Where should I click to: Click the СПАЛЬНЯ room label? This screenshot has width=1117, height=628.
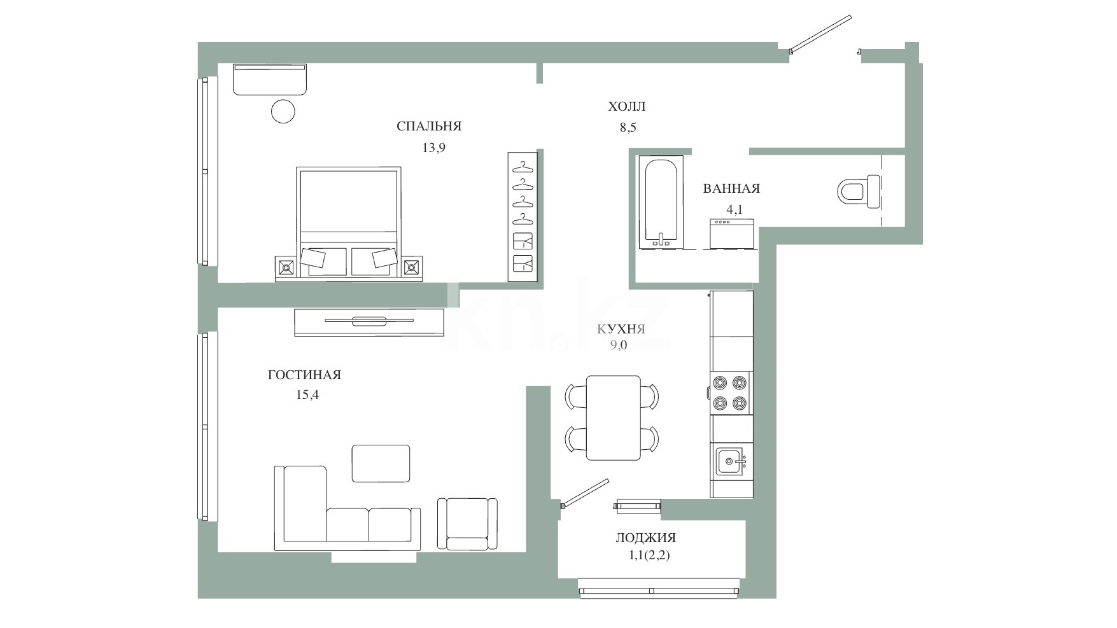tap(429, 126)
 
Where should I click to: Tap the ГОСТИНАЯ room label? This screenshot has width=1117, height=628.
tap(304, 375)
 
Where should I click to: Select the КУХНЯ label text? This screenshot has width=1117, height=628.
tap(621, 329)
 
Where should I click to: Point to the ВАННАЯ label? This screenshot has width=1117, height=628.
tap(731, 188)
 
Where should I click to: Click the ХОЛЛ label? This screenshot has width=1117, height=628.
tap(627, 106)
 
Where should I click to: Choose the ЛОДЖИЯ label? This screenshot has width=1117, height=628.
tap(646, 538)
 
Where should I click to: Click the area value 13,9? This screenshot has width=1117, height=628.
tap(433, 148)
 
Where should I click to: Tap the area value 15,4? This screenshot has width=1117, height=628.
tap(307, 394)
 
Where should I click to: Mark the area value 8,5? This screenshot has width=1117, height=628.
tap(628, 127)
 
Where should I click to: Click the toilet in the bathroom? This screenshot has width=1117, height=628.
tap(859, 192)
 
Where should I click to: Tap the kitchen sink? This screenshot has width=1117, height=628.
tap(730, 461)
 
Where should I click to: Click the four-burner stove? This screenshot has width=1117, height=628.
tap(730, 393)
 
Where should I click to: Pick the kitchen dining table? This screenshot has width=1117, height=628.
tap(614, 417)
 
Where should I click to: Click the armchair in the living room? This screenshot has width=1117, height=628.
tap(467, 524)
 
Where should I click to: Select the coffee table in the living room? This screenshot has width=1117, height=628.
tap(381, 463)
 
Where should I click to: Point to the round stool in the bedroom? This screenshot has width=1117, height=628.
tap(283, 111)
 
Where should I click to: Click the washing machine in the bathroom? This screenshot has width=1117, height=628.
tap(733, 233)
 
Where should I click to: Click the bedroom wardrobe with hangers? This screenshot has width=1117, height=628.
tap(523, 216)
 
